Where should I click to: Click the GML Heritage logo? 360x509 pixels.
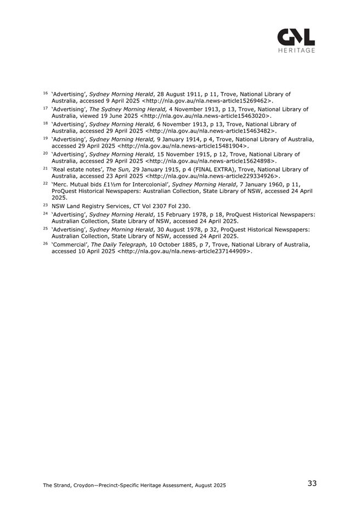tap(296, 40)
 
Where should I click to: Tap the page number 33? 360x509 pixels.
tap(312, 483)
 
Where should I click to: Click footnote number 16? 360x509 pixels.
tap(46, 94)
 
